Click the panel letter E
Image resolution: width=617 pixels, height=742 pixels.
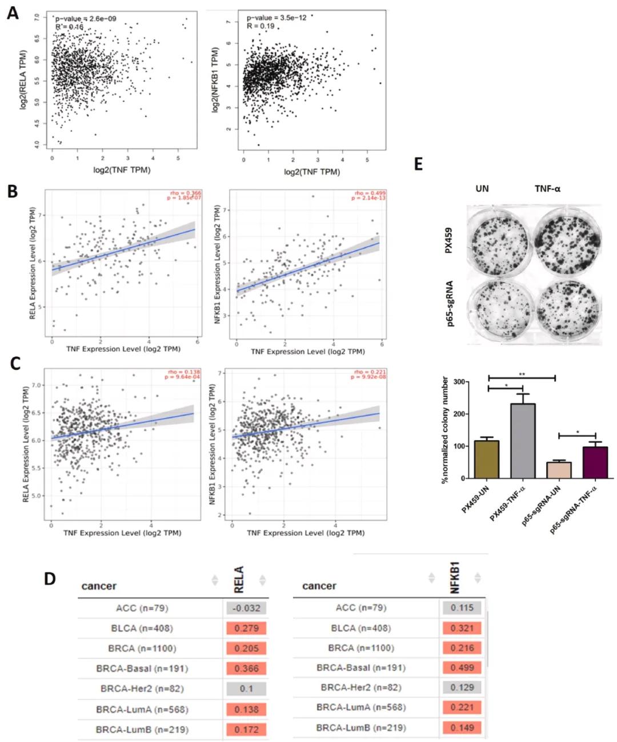(418, 164)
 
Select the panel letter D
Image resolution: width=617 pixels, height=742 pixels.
(50, 578)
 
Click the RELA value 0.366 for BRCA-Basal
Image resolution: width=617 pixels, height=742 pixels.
(246, 668)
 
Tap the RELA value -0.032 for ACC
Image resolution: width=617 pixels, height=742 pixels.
(246, 608)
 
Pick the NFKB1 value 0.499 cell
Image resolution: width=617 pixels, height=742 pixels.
(462, 668)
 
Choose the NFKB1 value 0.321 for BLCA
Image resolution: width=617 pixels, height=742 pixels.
(462, 628)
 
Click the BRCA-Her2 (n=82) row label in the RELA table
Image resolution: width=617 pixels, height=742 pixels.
(142, 689)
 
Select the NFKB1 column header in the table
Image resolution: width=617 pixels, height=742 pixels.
(455, 578)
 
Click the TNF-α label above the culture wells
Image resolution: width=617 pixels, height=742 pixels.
(547, 188)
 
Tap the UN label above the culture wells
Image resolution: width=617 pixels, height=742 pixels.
(482, 188)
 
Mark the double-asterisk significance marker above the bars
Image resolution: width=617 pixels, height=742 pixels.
(522, 374)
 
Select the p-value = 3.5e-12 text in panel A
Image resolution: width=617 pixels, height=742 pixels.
(277, 18)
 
